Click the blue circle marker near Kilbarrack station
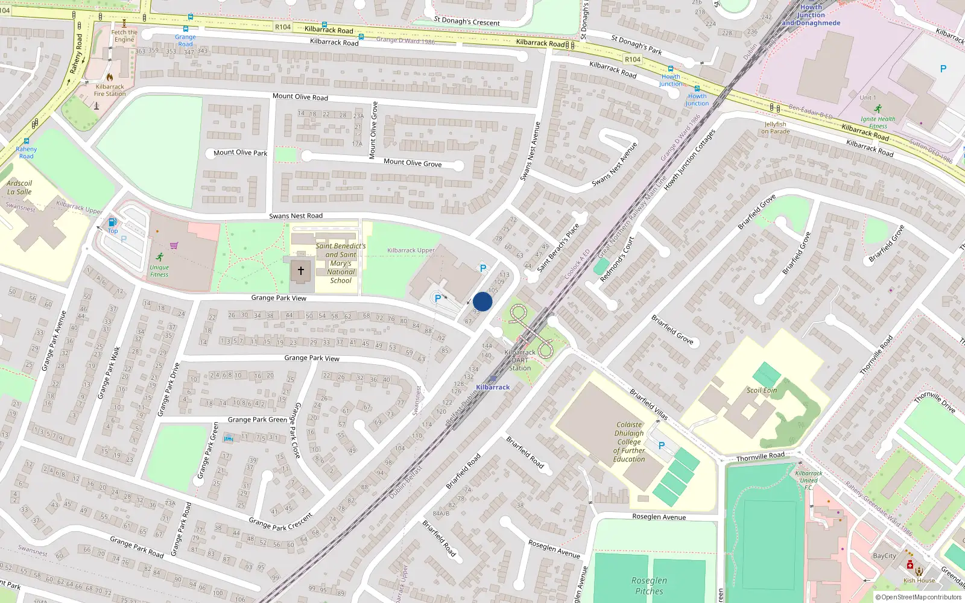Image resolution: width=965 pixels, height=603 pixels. click(482, 301)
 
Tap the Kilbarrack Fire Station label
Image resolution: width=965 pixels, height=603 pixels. click(110, 90)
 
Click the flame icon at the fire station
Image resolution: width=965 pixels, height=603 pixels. click(109, 77)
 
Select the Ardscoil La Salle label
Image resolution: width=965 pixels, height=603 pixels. click(19, 188)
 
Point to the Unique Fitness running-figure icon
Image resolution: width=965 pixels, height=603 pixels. click(159, 257)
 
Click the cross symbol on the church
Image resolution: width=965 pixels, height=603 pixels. click(300, 271)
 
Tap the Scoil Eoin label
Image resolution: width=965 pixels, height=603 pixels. click(762, 390)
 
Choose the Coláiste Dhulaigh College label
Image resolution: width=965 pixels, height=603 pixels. click(629, 442)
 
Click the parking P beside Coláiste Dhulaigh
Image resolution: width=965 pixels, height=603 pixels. click(662, 446)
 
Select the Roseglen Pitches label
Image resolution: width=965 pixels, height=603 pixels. click(649, 586)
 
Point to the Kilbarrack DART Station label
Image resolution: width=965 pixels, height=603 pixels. click(520, 360)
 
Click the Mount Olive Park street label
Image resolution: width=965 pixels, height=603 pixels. click(240, 153)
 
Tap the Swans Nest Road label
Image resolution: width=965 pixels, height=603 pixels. click(296, 216)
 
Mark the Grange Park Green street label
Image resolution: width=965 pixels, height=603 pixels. click(257, 420)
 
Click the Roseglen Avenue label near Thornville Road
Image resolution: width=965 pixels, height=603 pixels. click(659, 517)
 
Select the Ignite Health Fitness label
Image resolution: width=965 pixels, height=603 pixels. click(878, 122)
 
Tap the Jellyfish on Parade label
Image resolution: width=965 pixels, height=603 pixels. click(776, 128)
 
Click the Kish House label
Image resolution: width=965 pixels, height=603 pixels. click(919, 581)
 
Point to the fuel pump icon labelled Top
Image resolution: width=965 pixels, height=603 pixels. click(112, 223)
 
